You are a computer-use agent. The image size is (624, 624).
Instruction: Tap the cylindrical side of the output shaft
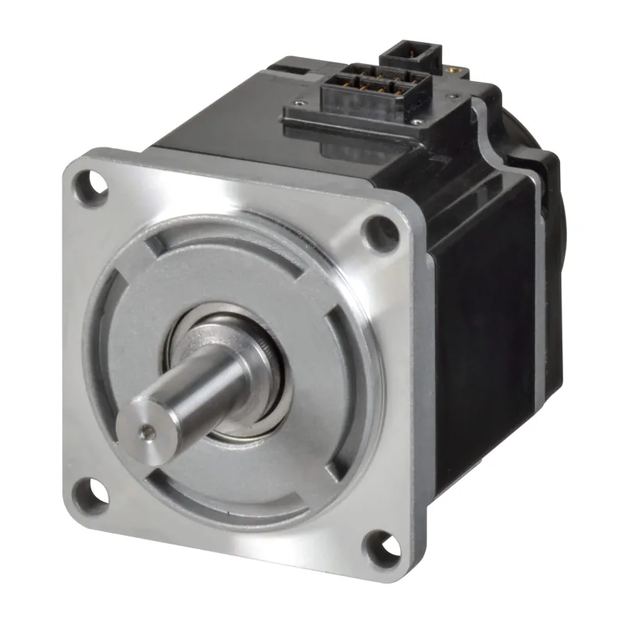[195, 390]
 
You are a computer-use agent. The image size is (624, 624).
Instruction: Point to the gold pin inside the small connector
[406, 56]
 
